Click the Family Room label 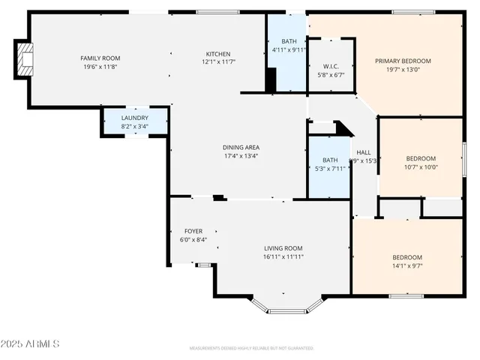[101, 58]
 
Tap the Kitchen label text [218, 54]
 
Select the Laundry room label [135, 118]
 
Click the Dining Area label [241, 148]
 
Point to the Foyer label [193, 231]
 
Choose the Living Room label [283, 248]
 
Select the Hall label [364, 152]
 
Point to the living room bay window [287, 306]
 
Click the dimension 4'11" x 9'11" [289, 50]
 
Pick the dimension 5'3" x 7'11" [330, 169]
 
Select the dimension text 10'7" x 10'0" [421, 167]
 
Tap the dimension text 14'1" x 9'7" [407, 265]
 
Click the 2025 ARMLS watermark [31, 344]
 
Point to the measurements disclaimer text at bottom [251, 349]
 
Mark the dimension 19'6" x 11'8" [101, 67]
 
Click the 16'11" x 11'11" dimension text [283, 257]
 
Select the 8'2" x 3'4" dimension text [135, 127]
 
